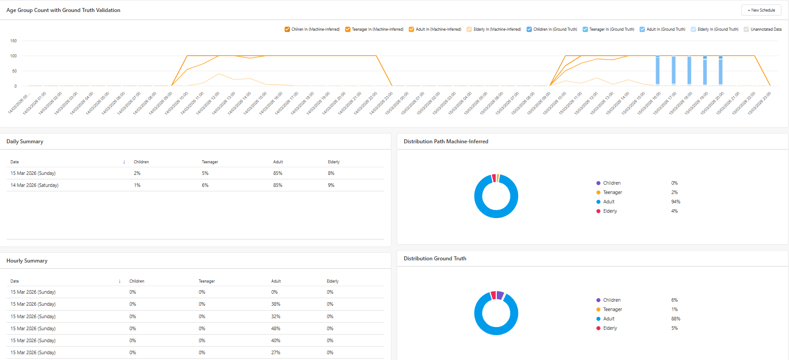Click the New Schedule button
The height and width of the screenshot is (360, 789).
point(761,10)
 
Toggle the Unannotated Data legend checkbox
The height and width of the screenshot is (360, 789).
point(746,29)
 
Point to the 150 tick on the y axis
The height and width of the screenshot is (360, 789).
point(13,41)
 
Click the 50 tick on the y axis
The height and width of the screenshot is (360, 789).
point(14,71)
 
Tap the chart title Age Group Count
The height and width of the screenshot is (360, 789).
point(63,10)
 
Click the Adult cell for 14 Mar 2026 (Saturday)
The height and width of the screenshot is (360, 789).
point(278,185)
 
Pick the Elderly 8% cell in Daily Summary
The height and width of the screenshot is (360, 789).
point(331,173)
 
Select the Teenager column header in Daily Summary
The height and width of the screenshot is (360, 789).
point(210,162)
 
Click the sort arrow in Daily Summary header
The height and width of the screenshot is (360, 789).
point(124,162)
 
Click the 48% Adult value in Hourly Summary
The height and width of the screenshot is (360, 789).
point(276,328)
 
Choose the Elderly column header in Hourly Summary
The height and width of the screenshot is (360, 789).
point(333,281)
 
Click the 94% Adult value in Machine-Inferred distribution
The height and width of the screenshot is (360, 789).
point(676,202)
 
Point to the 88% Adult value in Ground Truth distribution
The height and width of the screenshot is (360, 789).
point(676,319)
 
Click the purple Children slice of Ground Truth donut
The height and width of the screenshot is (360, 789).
point(500,295)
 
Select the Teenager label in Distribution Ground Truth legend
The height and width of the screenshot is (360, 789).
point(612,309)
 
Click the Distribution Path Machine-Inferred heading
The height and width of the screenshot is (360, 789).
point(446,142)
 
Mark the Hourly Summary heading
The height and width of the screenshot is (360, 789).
point(27,261)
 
